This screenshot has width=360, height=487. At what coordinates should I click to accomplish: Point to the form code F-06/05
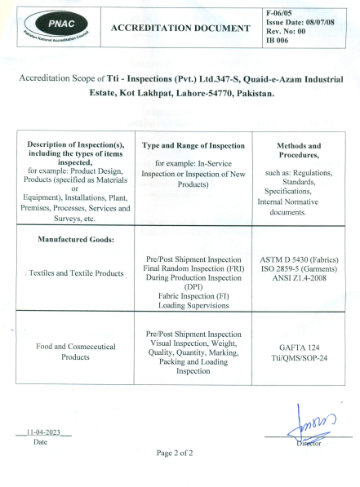[x=282, y=12]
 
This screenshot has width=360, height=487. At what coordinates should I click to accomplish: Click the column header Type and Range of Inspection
[x=193, y=146]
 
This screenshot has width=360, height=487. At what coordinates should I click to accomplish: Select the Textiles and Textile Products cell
[x=76, y=273]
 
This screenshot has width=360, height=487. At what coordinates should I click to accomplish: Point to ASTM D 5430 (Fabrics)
[x=299, y=259]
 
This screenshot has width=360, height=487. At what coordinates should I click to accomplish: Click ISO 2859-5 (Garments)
[x=299, y=268]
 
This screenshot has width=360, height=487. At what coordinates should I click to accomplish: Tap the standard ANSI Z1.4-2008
[x=299, y=277]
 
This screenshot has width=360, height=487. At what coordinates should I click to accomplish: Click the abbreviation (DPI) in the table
[x=193, y=286]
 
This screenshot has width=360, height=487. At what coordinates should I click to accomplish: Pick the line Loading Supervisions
[x=193, y=304]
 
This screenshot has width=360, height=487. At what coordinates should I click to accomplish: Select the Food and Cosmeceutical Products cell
[x=76, y=352]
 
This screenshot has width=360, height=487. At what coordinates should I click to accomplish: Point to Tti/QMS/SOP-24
[x=299, y=356]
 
